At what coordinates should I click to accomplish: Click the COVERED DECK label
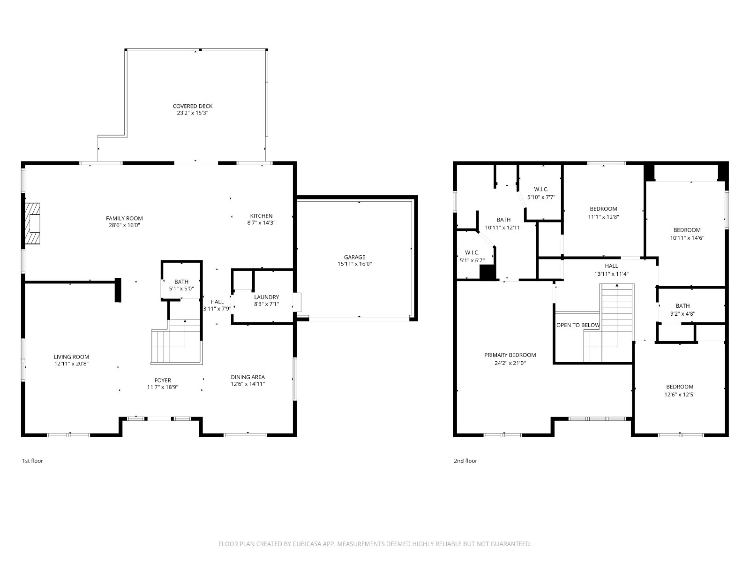click(x=192, y=107)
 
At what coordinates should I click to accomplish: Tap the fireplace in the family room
click(x=32, y=224)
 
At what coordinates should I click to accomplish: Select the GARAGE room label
click(x=354, y=257)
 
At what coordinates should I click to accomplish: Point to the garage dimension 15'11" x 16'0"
click(x=354, y=264)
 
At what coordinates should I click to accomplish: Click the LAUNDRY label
click(x=267, y=297)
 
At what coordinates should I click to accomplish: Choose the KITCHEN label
click(x=262, y=216)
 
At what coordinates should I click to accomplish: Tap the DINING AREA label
click(x=247, y=377)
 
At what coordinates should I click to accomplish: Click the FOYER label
click(x=163, y=380)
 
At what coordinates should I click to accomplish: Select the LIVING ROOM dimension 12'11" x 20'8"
click(x=71, y=364)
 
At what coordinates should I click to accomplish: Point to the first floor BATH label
click(x=181, y=281)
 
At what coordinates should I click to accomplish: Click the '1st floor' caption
click(x=33, y=461)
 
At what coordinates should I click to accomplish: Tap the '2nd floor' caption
click(x=465, y=461)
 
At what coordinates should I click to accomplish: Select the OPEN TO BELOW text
click(x=578, y=325)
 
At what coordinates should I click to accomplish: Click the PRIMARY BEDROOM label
click(x=510, y=355)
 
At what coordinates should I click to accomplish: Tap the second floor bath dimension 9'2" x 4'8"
click(x=682, y=314)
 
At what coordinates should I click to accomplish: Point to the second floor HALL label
click(x=611, y=266)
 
